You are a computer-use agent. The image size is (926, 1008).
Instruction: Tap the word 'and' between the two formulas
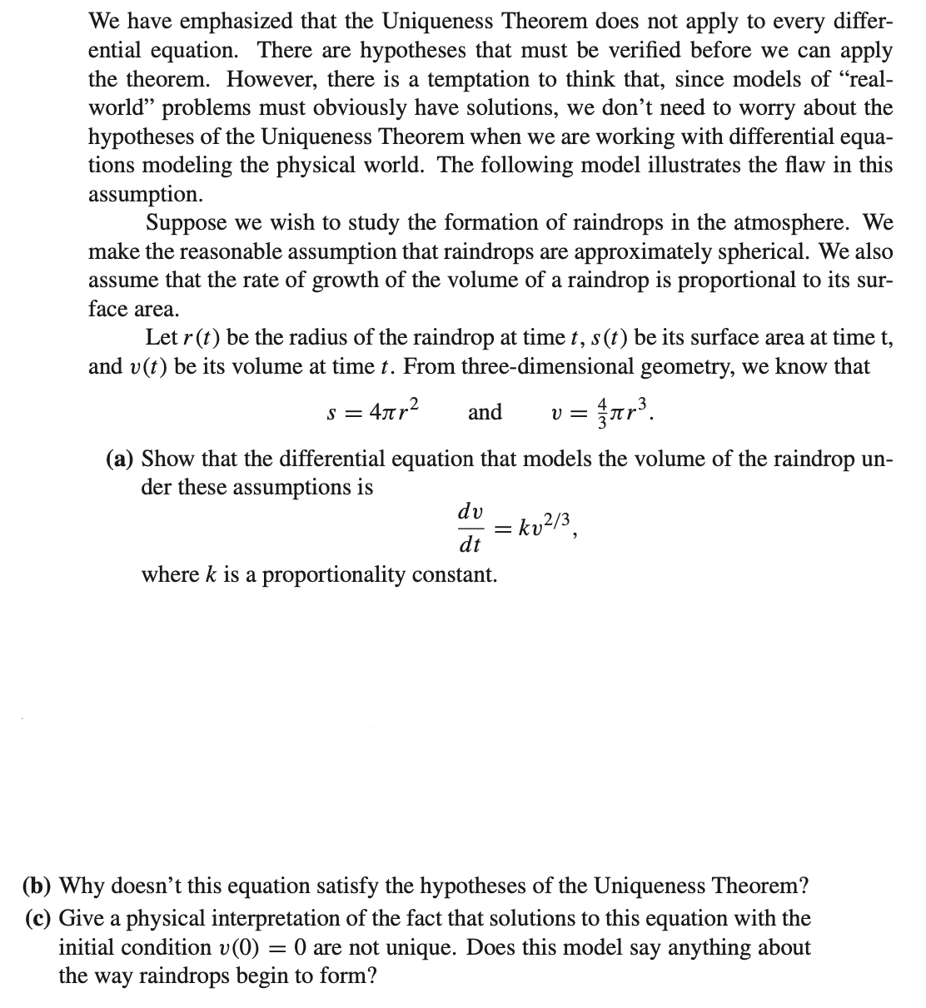(485, 412)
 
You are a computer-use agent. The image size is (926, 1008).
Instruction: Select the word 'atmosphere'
(791, 223)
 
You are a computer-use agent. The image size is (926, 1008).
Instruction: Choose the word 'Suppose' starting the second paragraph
(186, 223)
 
